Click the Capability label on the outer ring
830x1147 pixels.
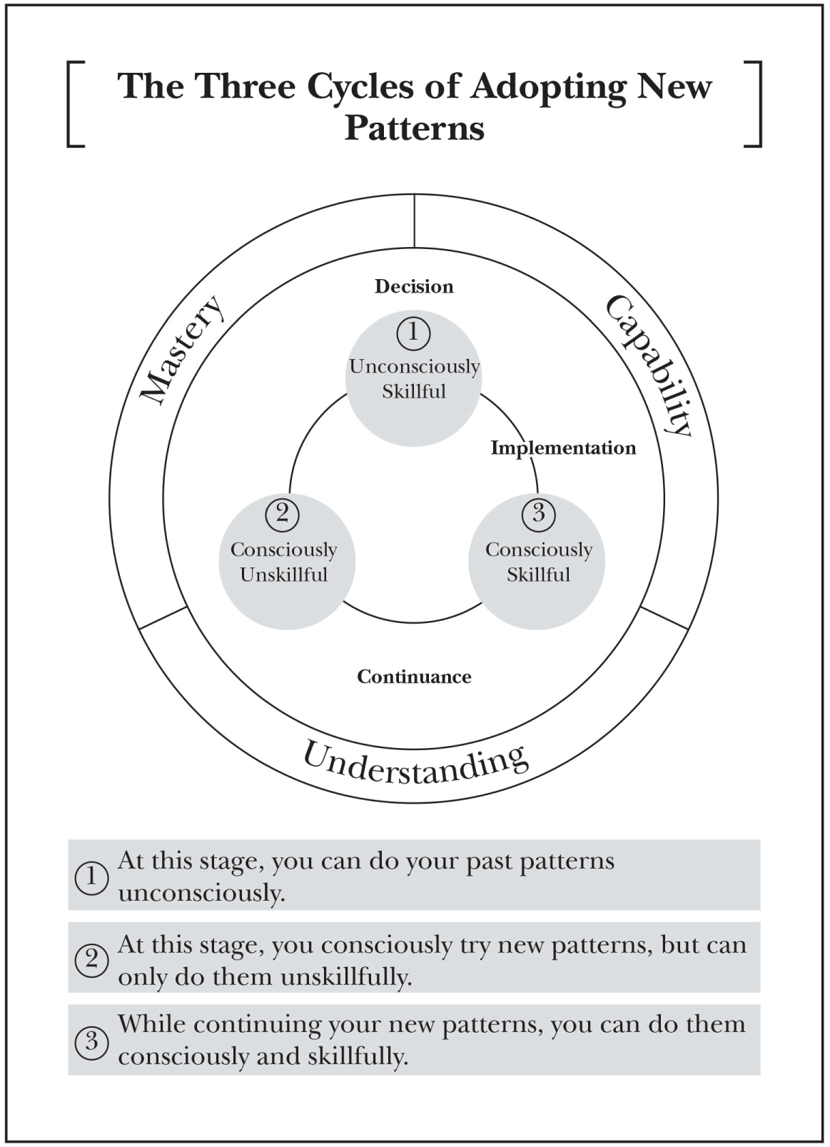click(x=649, y=365)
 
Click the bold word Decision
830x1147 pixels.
click(x=414, y=286)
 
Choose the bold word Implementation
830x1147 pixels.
click(x=563, y=448)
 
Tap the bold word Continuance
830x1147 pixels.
click(x=414, y=677)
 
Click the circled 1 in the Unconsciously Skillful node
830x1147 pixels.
click(x=414, y=333)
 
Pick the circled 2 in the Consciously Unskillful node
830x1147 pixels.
click(x=282, y=514)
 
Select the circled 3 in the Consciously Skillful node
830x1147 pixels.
click(x=539, y=514)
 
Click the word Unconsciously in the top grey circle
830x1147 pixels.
click(x=415, y=367)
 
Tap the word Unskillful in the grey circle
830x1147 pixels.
click(x=283, y=575)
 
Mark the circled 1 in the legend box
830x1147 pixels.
click(x=91, y=878)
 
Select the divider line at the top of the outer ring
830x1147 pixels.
click(x=414, y=221)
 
